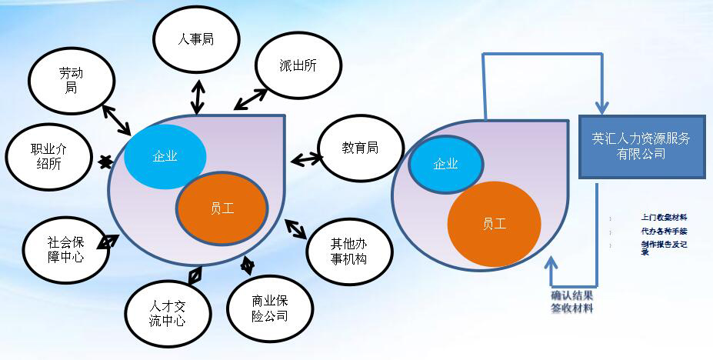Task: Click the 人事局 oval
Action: coord(196,39)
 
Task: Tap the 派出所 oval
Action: coord(298,66)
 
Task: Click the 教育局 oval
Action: coord(359,148)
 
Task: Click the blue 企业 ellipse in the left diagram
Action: coord(165,156)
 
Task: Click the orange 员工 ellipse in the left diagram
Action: coord(222,208)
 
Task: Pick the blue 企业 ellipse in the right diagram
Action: coord(445,164)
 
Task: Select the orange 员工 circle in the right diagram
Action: coord(494,224)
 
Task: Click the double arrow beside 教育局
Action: coord(307,159)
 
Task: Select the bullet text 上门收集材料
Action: coord(663,218)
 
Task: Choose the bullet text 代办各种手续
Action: coord(663,231)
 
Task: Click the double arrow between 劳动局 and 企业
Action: coord(116,120)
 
